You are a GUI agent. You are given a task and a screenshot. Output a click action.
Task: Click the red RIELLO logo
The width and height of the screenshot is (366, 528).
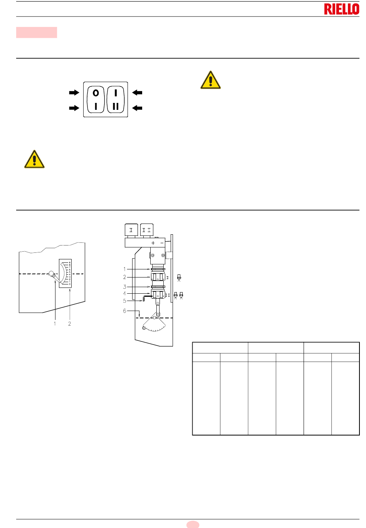(x=341, y=9)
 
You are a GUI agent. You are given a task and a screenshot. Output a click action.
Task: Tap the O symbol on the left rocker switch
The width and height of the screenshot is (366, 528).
(x=96, y=92)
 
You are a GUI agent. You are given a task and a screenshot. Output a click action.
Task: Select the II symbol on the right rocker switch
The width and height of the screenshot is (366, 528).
(x=116, y=107)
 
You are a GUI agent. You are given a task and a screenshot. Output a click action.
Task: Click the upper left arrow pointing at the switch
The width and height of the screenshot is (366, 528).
(x=74, y=92)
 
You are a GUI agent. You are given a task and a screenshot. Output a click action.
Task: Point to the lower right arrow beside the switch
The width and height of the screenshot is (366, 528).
(x=137, y=108)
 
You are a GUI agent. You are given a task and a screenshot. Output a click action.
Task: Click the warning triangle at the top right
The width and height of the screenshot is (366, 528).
(x=210, y=80)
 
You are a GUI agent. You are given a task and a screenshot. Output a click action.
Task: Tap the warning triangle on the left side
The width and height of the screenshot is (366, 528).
(x=34, y=159)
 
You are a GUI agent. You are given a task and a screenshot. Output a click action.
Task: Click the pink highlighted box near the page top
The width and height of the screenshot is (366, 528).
(x=37, y=32)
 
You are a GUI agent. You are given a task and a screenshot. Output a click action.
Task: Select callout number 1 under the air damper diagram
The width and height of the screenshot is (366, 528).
(x=55, y=324)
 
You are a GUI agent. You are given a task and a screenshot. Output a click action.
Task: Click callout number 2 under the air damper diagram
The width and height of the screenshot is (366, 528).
(x=70, y=324)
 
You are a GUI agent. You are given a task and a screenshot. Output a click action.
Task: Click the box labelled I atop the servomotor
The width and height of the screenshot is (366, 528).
(x=131, y=230)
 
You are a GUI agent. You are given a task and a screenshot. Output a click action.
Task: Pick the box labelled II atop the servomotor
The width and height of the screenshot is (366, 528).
(x=146, y=230)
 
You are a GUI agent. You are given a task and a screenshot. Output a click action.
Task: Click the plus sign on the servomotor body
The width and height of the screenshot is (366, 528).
(x=153, y=243)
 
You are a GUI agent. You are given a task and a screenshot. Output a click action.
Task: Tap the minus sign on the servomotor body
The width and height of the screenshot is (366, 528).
(x=162, y=243)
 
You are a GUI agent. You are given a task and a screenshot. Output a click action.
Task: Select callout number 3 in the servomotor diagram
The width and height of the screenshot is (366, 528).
(x=124, y=287)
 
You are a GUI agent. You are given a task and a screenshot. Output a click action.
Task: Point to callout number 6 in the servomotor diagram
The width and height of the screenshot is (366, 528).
(x=124, y=311)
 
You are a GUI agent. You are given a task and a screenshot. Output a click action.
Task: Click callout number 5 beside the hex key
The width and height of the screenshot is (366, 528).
(x=124, y=301)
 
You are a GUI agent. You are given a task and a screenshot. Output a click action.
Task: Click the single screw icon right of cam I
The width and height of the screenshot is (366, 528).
(x=179, y=277)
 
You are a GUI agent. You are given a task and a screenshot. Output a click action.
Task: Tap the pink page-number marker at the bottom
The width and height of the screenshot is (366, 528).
(x=193, y=524)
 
